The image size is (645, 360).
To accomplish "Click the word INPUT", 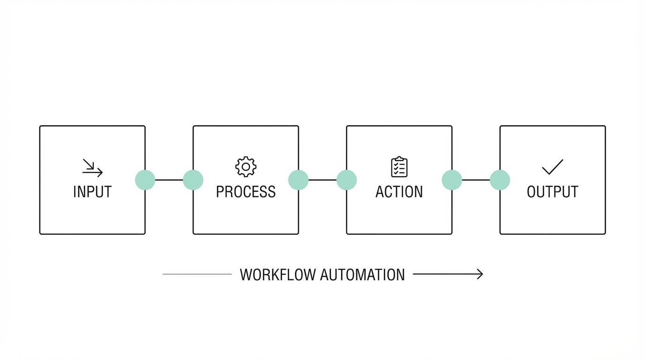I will click(x=92, y=192).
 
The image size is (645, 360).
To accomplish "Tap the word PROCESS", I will click(x=246, y=192).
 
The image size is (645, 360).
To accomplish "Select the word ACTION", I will click(x=399, y=192).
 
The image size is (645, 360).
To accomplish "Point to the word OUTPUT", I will click(x=552, y=192).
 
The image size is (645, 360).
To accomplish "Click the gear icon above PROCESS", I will click(x=246, y=167).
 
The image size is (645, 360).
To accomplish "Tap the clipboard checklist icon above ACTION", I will click(x=399, y=167).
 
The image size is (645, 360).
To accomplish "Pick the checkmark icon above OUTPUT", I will click(x=552, y=167).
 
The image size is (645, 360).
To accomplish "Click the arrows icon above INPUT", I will click(x=92, y=168).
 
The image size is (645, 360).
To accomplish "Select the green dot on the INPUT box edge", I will click(x=145, y=180).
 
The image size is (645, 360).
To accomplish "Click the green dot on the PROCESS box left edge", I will click(x=193, y=180).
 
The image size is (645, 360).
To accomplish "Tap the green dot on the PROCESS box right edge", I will click(x=299, y=180).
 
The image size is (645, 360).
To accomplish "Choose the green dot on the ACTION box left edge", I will click(x=346, y=180).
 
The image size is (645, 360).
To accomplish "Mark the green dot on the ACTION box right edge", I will click(x=452, y=180).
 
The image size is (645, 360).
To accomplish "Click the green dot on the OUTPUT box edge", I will click(x=500, y=180).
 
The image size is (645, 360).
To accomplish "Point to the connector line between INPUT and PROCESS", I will click(x=169, y=180).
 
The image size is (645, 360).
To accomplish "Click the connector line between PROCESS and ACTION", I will click(x=322, y=180).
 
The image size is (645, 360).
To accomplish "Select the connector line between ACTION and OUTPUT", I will click(x=476, y=180).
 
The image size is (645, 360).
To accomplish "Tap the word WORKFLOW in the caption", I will click(x=277, y=275).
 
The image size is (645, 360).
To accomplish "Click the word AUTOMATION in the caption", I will click(x=362, y=275).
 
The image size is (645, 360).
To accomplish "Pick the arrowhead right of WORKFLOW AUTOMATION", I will click(x=479, y=274).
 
